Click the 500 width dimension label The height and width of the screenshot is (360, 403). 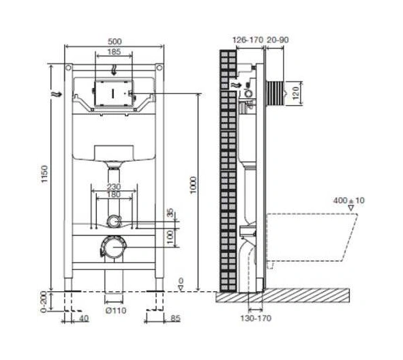click(115, 42)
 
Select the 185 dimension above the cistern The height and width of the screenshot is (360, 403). click(114, 52)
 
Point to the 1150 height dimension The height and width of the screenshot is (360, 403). click(45, 175)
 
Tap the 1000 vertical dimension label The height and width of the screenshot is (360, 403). click(193, 185)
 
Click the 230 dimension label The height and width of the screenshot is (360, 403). click(114, 187)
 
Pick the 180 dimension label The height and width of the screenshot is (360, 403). click(114, 194)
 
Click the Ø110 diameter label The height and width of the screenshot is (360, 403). click(116, 311)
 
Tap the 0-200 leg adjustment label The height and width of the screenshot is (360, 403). click(44, 301)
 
